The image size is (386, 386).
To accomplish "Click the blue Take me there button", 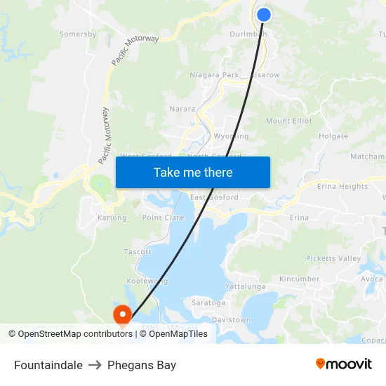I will (193, 172).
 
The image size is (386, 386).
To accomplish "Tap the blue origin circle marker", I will (264, 15).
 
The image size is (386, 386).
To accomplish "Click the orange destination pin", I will (123, 316).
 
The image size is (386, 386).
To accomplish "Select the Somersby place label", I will (77, 34).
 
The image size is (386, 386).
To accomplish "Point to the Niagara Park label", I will (214, 74).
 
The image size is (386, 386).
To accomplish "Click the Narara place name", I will (182, 109).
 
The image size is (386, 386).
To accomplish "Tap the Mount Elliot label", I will (289, 121).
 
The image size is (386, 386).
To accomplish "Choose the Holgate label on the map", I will (333, 136).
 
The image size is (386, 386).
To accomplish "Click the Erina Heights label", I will (342, 186).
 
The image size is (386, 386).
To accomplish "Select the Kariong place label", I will (112, 218).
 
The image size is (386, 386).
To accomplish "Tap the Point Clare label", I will (163, 218).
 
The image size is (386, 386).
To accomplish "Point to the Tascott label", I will (138, 251).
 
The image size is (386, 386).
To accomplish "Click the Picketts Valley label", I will (334, 258).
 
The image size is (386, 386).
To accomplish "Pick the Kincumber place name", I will (299, 279).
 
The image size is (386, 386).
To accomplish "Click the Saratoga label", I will (208, 303).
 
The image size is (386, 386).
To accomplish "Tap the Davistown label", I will (231, 320).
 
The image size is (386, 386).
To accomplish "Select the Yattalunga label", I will (245, 287).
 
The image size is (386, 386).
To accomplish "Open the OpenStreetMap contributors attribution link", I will (70, 334).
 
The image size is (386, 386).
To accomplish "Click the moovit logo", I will (344, 364).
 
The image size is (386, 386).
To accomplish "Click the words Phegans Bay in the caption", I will (142, 365).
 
